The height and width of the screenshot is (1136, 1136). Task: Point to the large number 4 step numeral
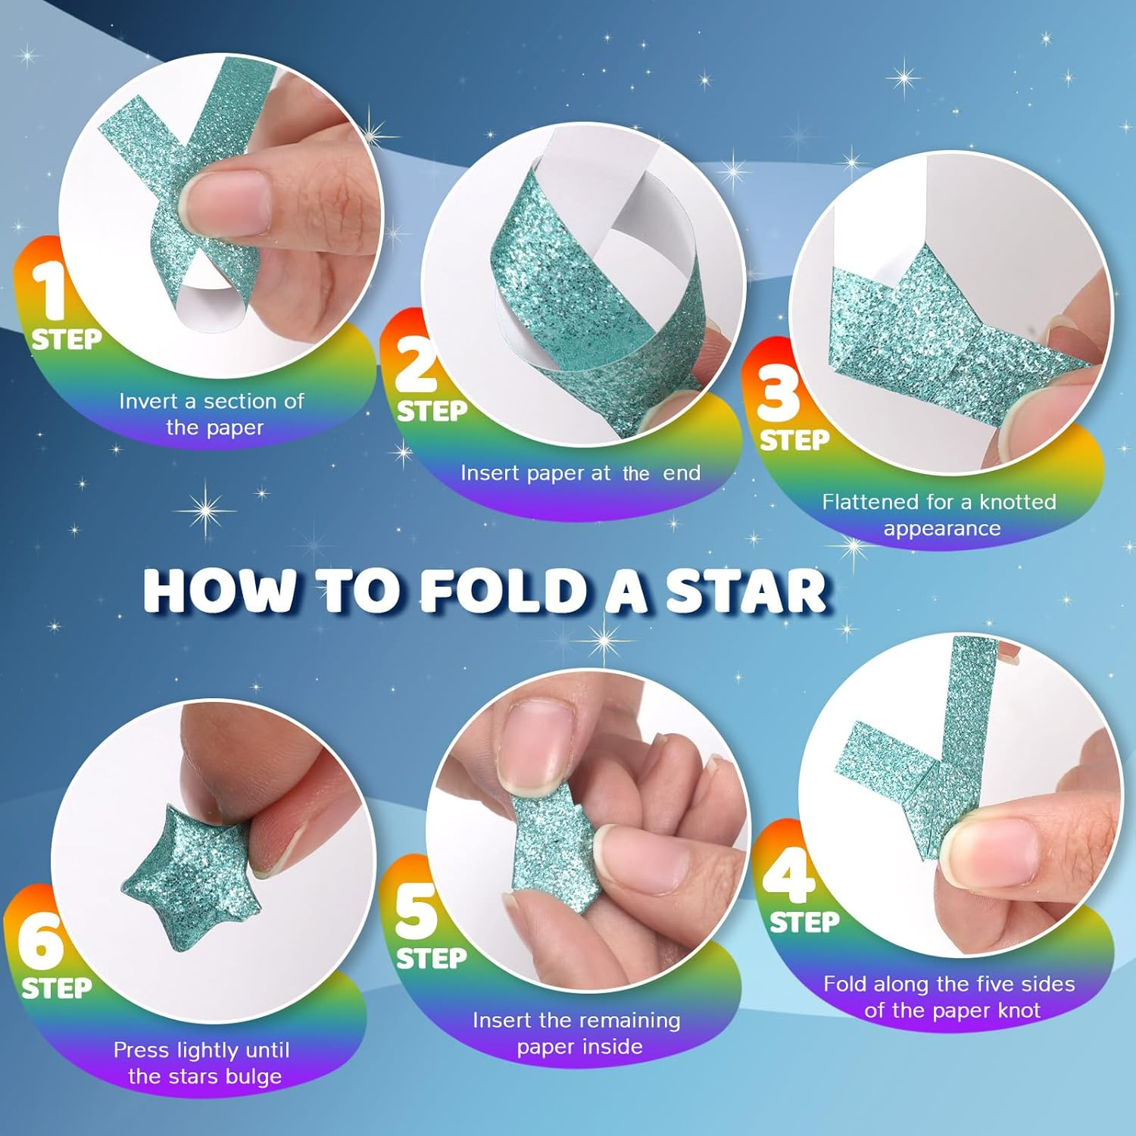pyautogui.click(x=789, y=872)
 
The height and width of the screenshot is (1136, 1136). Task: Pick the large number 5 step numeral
pyautogui.click(x=416, y=910)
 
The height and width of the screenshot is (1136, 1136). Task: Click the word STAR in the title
pyautogui.click(x=746, y=591)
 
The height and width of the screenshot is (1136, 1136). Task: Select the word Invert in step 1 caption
pyautogui.click(x=148, y=401)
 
